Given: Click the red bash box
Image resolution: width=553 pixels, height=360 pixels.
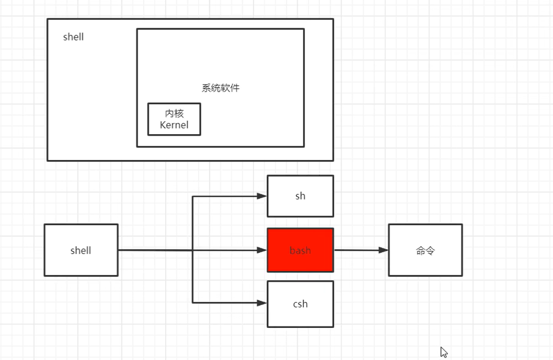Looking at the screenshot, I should pyautogui.click(x=300, y=250).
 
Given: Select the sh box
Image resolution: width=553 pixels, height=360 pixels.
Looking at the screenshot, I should pyautogui.click(x=300, y=196).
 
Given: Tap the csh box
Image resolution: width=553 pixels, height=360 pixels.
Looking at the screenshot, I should pyautogui.click(x=300, y=304).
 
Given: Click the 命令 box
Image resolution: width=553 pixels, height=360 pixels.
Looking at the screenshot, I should pyautogui.click(x=425, y=250).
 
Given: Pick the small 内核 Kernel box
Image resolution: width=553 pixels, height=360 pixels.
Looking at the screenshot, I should pyautogui.click(x=174, y=119).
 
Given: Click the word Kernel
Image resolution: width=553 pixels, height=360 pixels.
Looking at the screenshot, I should pyautogui.click(x=174, y=125).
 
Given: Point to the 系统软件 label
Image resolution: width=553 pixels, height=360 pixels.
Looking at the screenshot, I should pyautogui.click(x=220, y=87).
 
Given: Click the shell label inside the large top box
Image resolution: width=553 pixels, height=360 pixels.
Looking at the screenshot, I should pyautogui.click(x=73, y=37).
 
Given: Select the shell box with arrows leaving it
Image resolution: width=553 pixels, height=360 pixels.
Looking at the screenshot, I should pyautogui.click(x=81, y=250).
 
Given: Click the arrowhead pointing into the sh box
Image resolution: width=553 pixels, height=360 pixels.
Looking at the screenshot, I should pyautogui.click(x=262, y=196).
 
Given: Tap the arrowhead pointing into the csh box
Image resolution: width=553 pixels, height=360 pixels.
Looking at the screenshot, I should pyautogui.click(x=262, y=302).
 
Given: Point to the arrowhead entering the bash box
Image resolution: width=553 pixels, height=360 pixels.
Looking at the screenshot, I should pyautogui.click(x=262, y=250).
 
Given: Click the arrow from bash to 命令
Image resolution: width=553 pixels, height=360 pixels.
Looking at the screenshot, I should pyautogui.click(x=360, y=250).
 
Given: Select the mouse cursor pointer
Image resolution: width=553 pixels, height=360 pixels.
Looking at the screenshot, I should pyautogui.click(x=443, y=351).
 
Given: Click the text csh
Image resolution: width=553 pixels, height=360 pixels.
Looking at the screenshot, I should pyautogui.click(x=300, y=304).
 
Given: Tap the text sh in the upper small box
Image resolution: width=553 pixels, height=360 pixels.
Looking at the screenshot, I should pyautogui.click(x=300, y=196).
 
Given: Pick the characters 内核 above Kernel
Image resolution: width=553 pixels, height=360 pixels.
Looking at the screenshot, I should pyautogui.click(x=174, y=113).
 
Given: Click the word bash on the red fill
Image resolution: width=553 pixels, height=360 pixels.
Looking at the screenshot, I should pyautogui.click(x=300, y=251).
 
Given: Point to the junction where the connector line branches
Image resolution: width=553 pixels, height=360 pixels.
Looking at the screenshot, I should pyautogui.click(x=192, y=250).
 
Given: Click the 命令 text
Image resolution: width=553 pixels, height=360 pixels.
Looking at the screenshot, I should pyautogui.click(x=425, y=251).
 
